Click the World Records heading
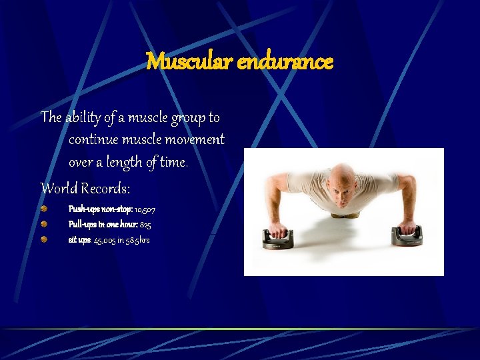tap(85, 187)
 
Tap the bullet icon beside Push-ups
tap(43, 209)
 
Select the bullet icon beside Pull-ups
tap(43, 223)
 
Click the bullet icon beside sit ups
tap(43, 238)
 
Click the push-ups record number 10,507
tap(145, 209)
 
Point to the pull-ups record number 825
tap(145, 225)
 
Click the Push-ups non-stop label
tap(100, 209)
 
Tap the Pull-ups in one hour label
tap(103, 225)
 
